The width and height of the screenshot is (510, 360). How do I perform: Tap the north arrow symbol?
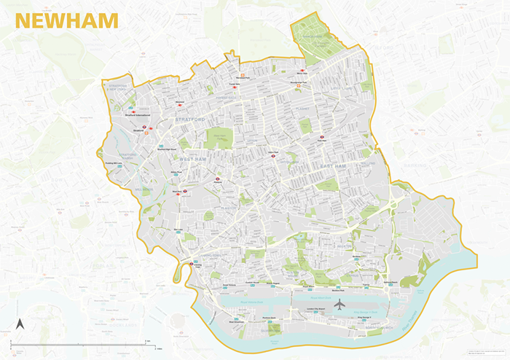pos(21,326)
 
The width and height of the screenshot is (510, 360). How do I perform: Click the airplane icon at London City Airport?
pos(338,305)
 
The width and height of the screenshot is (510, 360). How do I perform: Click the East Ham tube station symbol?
pos(321,136)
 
